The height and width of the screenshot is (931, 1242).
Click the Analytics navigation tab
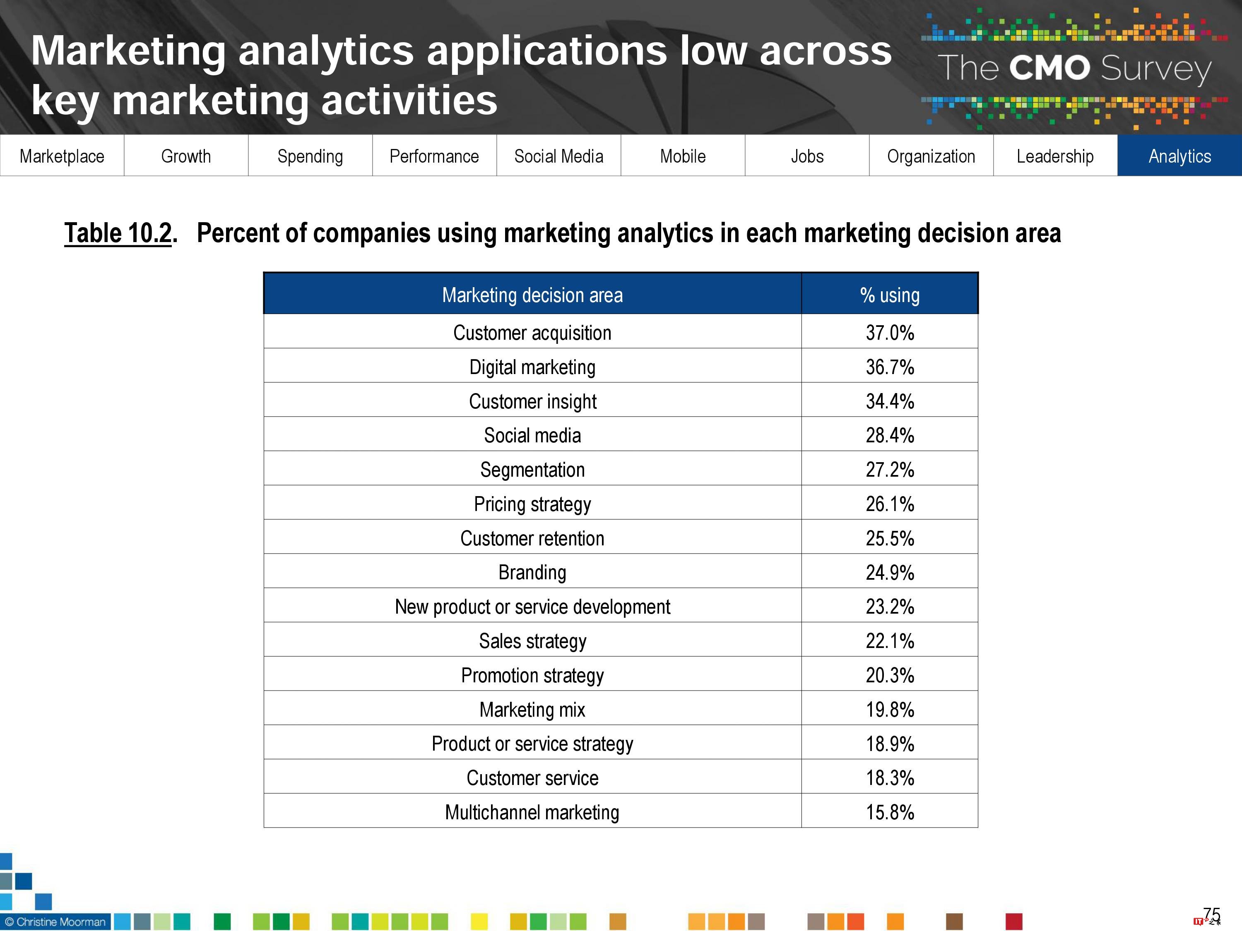point(1179,156)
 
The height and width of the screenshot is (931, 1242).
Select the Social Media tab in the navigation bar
point(558,156)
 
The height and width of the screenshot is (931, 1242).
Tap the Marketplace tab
point(62,156)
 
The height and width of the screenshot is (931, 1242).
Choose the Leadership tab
point(1055,156)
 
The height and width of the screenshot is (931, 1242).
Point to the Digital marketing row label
point(532,367)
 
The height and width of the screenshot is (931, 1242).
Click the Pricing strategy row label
point(532,504)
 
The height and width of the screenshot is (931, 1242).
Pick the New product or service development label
point(532,607)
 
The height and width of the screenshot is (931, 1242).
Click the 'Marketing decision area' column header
point(532,295)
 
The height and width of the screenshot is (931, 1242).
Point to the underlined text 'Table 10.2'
point(118,233)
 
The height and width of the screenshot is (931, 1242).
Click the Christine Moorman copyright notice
point(55,922)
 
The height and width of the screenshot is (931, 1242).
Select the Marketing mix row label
point(532,709)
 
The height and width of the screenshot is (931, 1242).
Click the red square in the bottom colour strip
point(1013,921)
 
